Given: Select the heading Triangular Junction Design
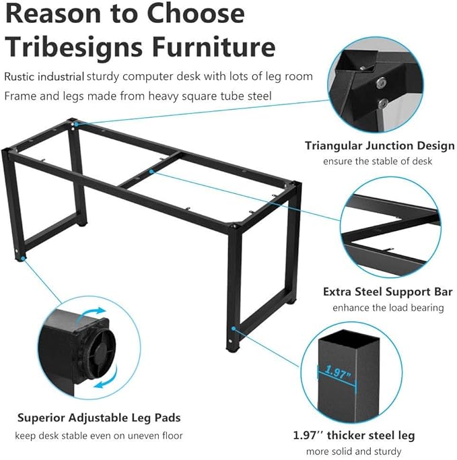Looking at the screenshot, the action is (x=380, y=145).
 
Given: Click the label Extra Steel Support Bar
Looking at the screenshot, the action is (x=388, y=292).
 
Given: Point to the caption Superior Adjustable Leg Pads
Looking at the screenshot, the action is (x=99, y=418).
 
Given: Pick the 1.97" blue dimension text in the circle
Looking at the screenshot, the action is (x=338, y=372).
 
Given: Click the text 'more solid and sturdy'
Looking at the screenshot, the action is (x=353, y=451).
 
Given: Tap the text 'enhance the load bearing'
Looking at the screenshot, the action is (x=388, y=308).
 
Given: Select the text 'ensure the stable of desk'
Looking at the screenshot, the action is (x=378, y=161).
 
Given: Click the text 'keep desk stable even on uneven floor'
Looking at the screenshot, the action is (x=99, y=436).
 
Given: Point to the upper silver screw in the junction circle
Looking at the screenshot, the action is (x=382, y=82).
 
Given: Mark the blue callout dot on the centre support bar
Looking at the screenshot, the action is (x=151, y=171).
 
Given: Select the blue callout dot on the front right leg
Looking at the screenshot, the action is (x=234, y=328).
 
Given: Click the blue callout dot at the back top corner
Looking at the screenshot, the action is (x=76, y=125).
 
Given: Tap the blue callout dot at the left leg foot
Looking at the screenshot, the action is (x=23, y=259).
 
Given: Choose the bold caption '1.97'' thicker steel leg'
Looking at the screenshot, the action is (x=354, y=435).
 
